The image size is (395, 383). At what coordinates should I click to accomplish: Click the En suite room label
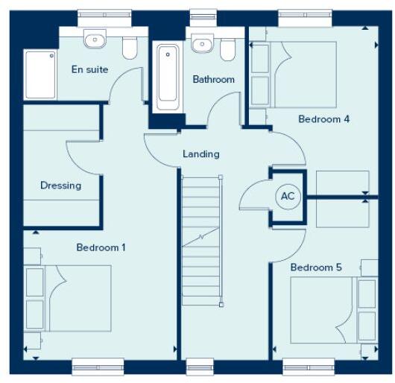(89, 69)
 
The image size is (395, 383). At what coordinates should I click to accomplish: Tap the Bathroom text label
(213, 79)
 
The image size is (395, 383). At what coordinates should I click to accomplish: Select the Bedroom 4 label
(323, 118)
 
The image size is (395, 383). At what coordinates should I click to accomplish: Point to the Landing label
(201, 154)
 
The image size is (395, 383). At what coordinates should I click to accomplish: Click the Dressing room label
(60, 186)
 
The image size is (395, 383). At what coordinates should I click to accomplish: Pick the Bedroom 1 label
(101, 247)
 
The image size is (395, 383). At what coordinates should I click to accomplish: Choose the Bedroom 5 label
(316, 268)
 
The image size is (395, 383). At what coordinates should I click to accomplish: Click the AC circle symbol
(287, 197)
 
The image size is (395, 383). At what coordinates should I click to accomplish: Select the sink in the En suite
(95, 39)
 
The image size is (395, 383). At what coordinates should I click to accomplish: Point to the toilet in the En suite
(129, 48)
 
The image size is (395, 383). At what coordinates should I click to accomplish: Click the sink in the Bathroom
(200, 44)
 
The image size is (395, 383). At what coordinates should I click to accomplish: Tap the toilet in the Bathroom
(227, 48)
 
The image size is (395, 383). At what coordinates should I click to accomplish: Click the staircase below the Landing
(202, 238)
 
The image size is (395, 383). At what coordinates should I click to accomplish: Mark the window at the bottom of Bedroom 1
(97, 365)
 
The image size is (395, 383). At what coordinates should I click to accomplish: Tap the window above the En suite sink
(104, 14)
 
